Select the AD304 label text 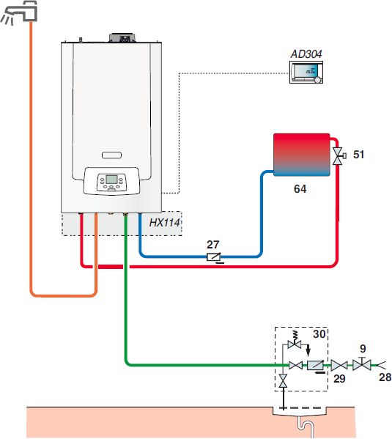pyautogui.click(x=306, y=54)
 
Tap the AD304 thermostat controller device pyautogui.click(x=306, y=73)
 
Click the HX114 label pyautogui.click(x=165, y=223)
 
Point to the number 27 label pyautogui.click(x=212, y=245)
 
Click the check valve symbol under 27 pyautogui.click(x=214, y=257)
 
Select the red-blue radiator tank pyautogui.click(x=302, y=155)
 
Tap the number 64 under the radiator pyautogui.click(x=300, y=188)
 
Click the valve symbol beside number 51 pyautogui.click(x=339, y=156)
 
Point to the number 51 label pyautogui.click(x=359, y=155)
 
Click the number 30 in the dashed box pyautogui.click(x=319, y=334)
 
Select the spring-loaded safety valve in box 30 pyautogui.click(x=295, y=341)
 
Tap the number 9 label pyautogui.click(x=363, y=349)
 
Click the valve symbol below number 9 pyautogui.click(x=362, y=364)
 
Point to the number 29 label pyautogui.click(x=339, y=378)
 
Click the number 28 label pyautogui.click(x=385, y=377)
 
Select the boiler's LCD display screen pyautogui.click(x=111, y=180)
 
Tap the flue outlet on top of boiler pyautogui.click(x=122, y=38)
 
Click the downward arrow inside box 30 pyautogui.click(x=308, y=351)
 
